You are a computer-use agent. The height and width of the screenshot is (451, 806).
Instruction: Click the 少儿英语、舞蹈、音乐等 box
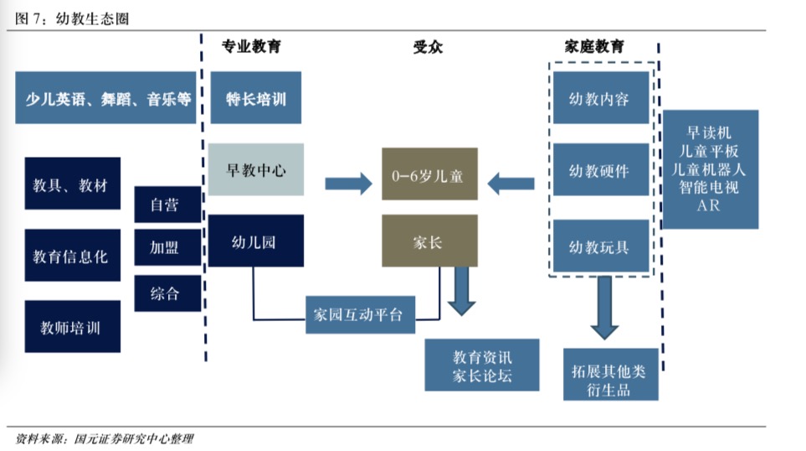(x=105, y=98)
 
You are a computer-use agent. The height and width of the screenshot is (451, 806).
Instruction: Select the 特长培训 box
(x=255, y=98)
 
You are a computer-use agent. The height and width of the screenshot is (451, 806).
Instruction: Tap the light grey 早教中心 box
(x=256, y=169)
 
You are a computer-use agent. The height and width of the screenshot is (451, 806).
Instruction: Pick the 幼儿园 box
(x=255, y=241)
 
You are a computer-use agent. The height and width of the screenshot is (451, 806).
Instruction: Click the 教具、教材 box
(x=72, y=184)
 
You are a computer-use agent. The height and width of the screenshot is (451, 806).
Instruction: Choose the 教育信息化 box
(x=72, y=255)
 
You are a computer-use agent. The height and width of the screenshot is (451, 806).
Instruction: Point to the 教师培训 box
(x=72, y=326)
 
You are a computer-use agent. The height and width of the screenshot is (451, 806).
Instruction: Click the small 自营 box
(x=167, y=204)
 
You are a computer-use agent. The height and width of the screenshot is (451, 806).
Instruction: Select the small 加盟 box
(x=167, y=248)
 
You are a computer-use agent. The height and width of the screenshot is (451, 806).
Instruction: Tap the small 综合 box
(x=167, y=293)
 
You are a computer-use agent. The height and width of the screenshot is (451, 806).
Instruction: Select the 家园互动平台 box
(x=360, y=314)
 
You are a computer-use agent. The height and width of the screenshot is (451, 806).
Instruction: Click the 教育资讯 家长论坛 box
(x=481, y=365)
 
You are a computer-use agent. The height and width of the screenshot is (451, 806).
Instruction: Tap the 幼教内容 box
(x=599, y=98)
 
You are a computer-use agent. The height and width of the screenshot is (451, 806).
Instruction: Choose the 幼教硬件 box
(x=599, y=171)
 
